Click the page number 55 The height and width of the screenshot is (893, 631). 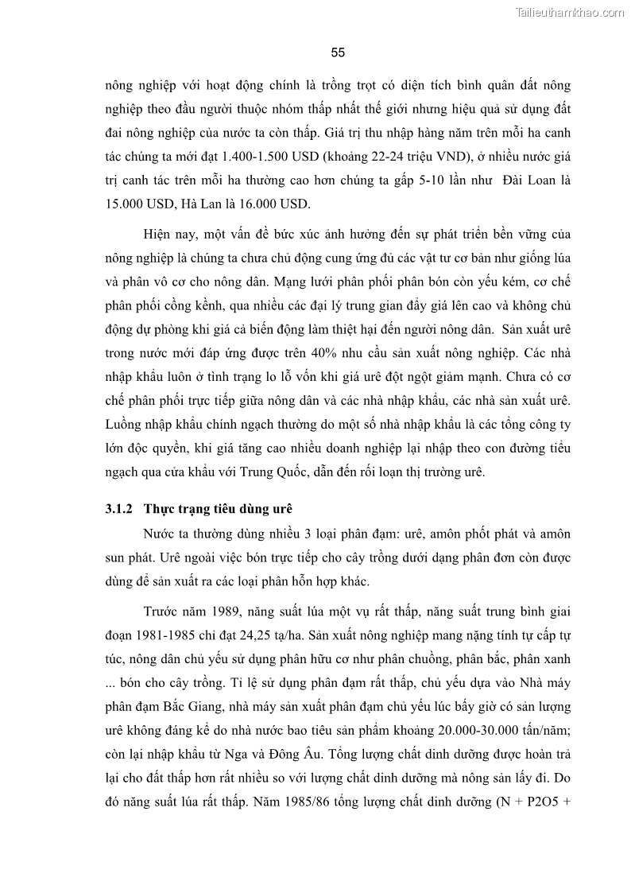337,53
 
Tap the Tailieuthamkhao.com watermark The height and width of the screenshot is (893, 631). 571,12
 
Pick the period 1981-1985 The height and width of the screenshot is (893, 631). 172,635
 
